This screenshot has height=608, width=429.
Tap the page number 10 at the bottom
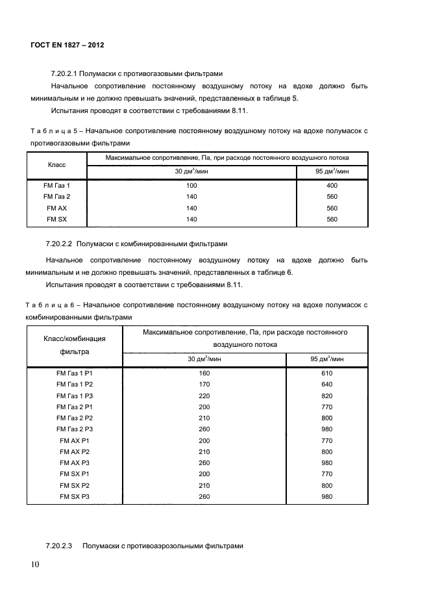coord(35,564)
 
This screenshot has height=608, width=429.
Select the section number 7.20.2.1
coord(64,74)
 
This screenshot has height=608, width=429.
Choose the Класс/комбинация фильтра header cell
coord(74,345)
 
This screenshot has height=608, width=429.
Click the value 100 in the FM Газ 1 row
coord(191,185)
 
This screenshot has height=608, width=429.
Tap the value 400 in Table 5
coord(332,185)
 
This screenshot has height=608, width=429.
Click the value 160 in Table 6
coord(204,374)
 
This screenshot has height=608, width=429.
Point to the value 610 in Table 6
coord(326,374)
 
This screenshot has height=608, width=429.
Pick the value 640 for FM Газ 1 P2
coord(326,385)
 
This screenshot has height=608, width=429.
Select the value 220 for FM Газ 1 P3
coord(204,396)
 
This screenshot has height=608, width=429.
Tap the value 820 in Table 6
coord(326,396)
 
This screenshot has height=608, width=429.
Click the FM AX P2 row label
coord(75,451)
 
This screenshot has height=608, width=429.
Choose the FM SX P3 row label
coord(75,497)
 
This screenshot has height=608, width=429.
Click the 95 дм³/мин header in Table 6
coord(326,359)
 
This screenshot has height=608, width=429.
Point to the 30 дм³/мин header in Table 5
coord(191,171)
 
